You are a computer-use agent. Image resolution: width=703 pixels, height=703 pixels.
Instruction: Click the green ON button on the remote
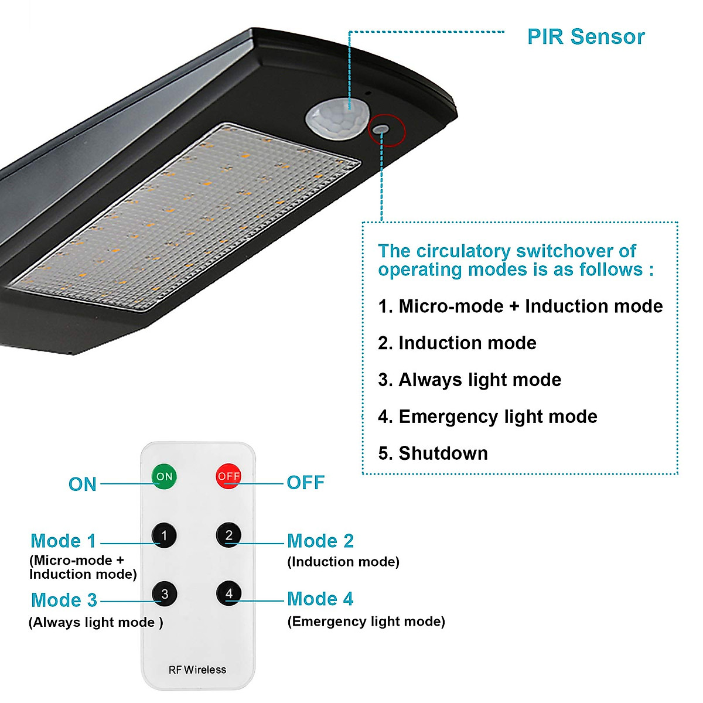pyautogui.click(x=164, y=476)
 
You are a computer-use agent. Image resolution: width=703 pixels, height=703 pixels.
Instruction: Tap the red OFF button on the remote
pyautogui.click(x=228, y=476)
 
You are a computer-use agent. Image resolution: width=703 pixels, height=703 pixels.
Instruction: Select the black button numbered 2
pyautogui.click(x=228, y=535)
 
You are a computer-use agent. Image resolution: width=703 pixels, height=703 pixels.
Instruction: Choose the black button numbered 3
pyautogui.click(x=165, y=594)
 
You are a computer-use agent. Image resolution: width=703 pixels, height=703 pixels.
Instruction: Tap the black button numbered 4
pyautogui.click(x=228, y=593)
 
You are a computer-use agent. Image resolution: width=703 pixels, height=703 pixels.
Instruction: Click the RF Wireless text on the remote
pyautogui.click(x=197, y=670)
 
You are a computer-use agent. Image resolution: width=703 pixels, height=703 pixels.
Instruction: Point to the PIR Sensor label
pyautogui.click(x=585, y=37)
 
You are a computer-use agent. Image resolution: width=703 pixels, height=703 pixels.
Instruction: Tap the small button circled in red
pyautogui.click(x=381, y=129)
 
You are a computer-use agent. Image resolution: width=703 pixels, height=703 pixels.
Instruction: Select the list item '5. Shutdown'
pyautogui.click(x=433, y=453)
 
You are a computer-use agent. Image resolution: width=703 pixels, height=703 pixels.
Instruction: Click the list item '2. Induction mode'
pyautogui.click(x=457, y=343)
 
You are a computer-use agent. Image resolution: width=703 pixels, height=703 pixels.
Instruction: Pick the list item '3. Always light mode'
pyautogui.click(x=469, y=380)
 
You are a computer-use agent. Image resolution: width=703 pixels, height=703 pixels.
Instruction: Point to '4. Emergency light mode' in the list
pyautogui.click(x=487, y=417)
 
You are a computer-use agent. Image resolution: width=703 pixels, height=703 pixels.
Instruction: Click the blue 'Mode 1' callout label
pyautogui.click(x=63, y=541)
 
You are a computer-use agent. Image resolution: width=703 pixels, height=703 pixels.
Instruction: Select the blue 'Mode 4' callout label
pyautogui.click(x=320, y=599)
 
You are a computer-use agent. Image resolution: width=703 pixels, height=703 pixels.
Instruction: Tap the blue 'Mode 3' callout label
pyautogui.click(x=64, y=600)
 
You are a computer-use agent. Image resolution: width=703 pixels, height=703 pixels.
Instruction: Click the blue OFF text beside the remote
pyautogui.click(x=305, y=483)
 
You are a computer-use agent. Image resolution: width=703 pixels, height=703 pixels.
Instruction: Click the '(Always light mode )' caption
pyautogui.click(x=95, y=622)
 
